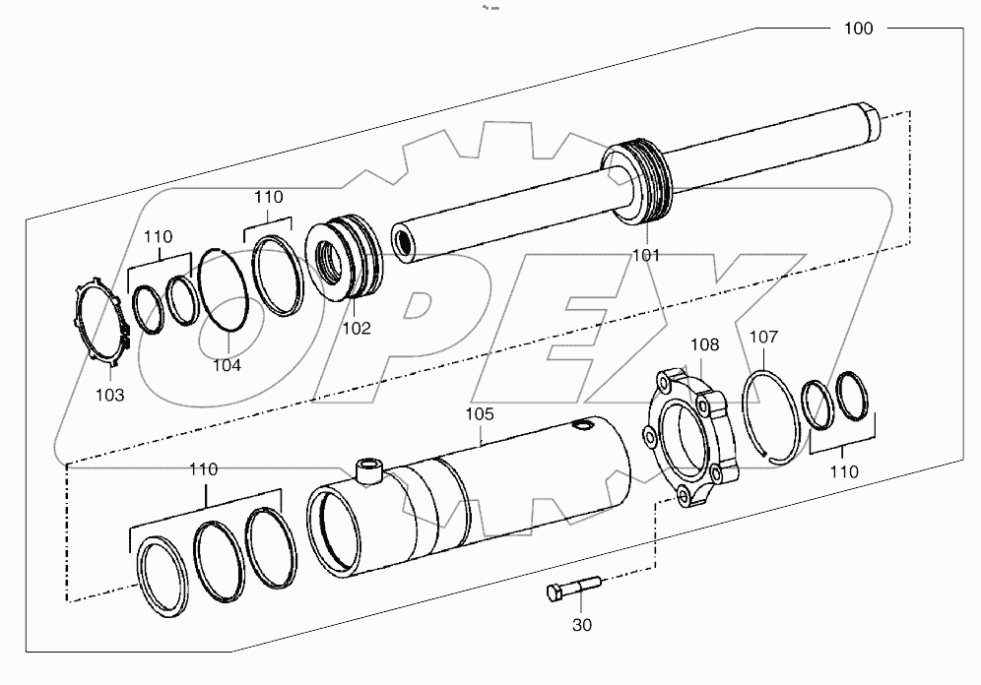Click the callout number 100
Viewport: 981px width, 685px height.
[858, 29]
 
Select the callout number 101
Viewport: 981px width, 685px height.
[646, 255]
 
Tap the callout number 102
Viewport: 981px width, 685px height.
[357, 329]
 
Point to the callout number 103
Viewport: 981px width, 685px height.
[109, 395]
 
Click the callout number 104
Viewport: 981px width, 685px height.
[227, 364]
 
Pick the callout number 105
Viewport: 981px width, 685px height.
[480, 414]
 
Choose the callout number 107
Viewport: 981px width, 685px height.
[763, 337]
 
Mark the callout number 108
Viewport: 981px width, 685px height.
[704, 344]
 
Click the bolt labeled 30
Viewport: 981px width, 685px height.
[572, 591]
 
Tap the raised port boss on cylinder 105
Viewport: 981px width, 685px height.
[370, 470]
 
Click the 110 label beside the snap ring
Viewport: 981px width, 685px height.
[843, 471]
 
